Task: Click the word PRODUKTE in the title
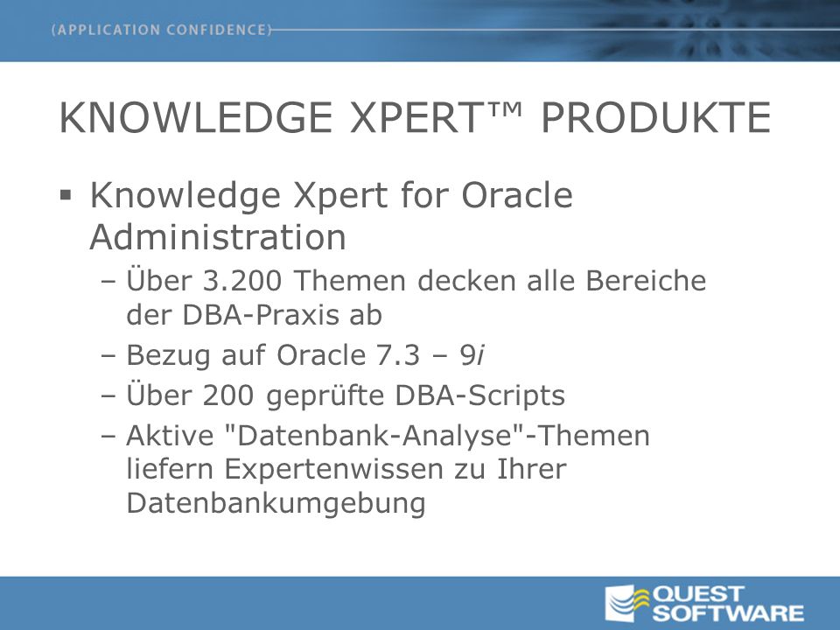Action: click(x=655, y=117)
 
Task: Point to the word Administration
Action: click(x=218, y=236)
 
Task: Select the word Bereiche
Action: click(x=646, y=280)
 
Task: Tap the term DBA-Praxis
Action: click(x=260, y=314)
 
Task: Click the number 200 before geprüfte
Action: click(x=228, y=395)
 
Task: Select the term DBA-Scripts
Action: click(x=480, y=395)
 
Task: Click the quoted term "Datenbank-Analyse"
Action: click(x=374, y=435)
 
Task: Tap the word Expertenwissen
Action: click(x=332, y=470)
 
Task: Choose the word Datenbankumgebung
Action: click(x=276, y=504)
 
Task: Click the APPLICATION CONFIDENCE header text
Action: click(x=162, y=30)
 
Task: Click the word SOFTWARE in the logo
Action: click(x=727, y=612)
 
